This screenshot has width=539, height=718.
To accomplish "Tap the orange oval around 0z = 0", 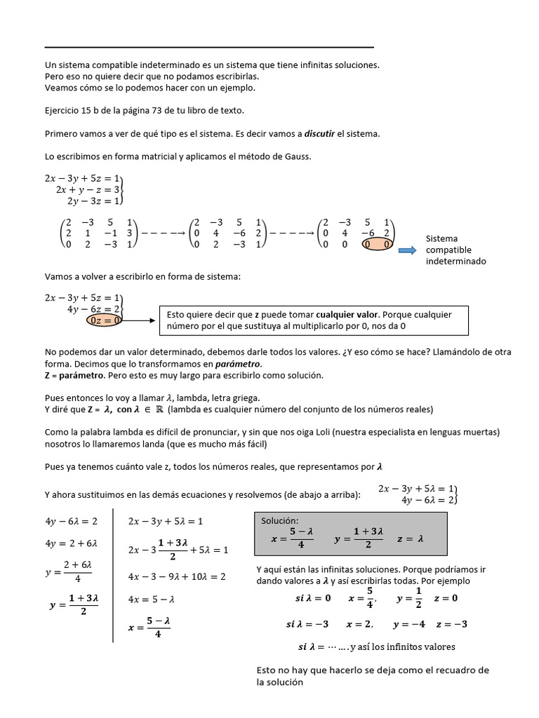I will tap(106, 320).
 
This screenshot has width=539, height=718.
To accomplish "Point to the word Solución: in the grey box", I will tap(280, 521).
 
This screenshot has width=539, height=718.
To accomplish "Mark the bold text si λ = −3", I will tap(308, 624).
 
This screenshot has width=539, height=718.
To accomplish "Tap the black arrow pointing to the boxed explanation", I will tap(140, 320).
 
